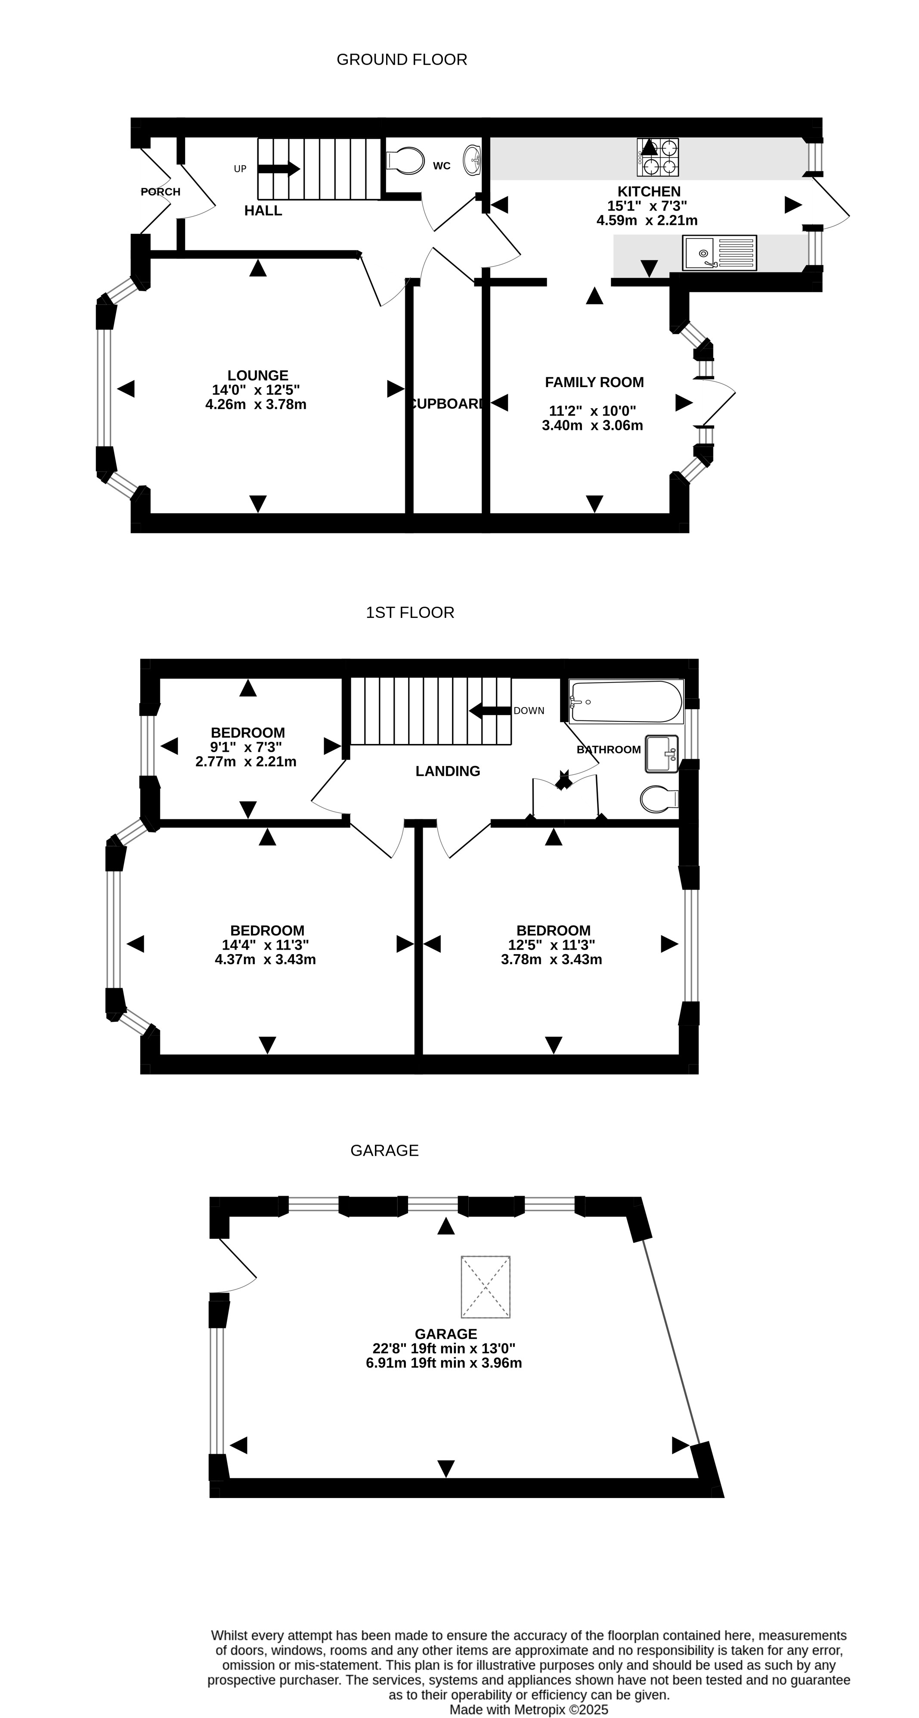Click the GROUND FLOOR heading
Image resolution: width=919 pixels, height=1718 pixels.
coord(402,60)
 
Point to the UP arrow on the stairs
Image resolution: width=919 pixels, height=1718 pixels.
coord(279,168)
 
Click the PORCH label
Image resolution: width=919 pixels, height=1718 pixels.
coord(160,192)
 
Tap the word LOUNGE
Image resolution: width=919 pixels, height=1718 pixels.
coord(257,375)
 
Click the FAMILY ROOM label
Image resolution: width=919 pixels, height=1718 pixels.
coord(594,382)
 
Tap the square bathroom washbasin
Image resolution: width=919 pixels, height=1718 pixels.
coord(662,754)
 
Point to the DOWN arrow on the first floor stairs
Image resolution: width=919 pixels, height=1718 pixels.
coord(490,710)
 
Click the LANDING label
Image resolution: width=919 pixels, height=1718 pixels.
coord(448,771)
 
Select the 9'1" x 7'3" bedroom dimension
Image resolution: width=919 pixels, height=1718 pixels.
coord(246,747)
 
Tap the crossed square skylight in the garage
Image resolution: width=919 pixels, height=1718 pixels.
coord(486,1287)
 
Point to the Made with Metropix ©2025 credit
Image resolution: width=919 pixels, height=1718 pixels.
coord(529,1710)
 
